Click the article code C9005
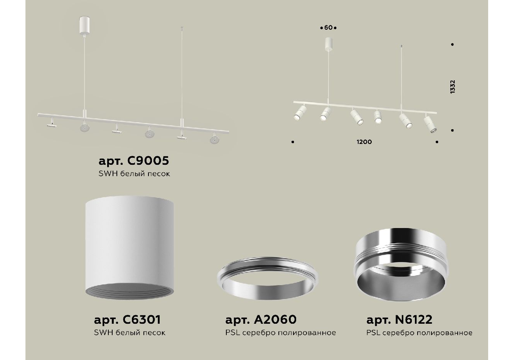(x=148, y=161)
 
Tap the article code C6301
(x=142, y=319)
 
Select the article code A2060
(x=275, y=319)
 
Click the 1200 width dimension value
(x=364, y=142)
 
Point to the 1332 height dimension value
(x=452, y=87)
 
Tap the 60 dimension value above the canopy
(x=329, y=28)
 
